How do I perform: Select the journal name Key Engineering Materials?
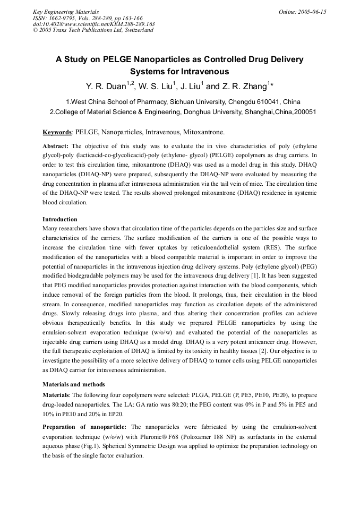point(66,11)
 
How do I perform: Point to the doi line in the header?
point(94,24)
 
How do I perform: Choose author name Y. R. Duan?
point(107,85)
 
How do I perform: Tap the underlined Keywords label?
point(57,132)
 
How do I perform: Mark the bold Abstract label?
point(56,145)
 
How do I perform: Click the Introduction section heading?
point(60,219)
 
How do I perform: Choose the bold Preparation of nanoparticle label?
point(84,427)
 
